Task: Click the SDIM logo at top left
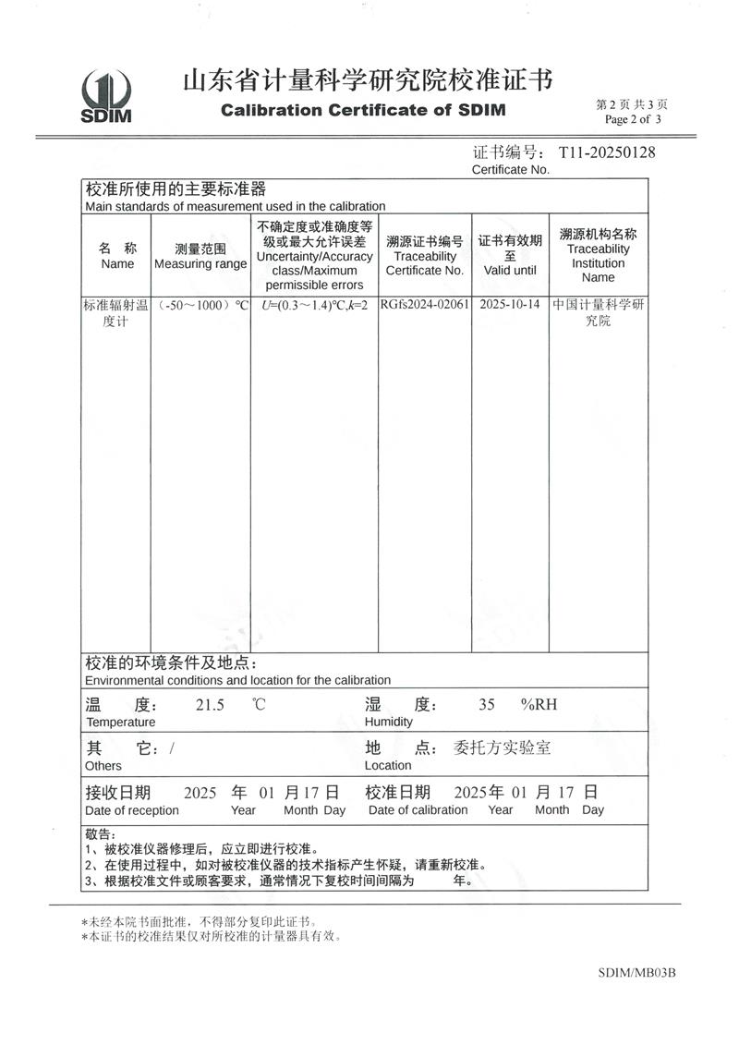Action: point(106,96)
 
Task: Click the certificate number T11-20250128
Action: point(607,152)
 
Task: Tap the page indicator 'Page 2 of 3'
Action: point(633,119)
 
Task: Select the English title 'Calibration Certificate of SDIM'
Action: point(364,111)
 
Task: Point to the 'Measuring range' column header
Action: point(200,264)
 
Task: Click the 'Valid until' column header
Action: point(510,271)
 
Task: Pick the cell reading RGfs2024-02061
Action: point(425,305)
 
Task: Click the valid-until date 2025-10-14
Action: point(510,305)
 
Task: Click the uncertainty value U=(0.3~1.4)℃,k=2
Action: point(315,305)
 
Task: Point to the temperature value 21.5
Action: point(210,705)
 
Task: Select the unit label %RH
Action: point(539,705)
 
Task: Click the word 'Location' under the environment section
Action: point(388,765)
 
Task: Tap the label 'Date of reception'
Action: point(132,810)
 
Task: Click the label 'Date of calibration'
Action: point(418,810)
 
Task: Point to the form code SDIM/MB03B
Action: point(637,973)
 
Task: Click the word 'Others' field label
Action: point(103,765)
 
